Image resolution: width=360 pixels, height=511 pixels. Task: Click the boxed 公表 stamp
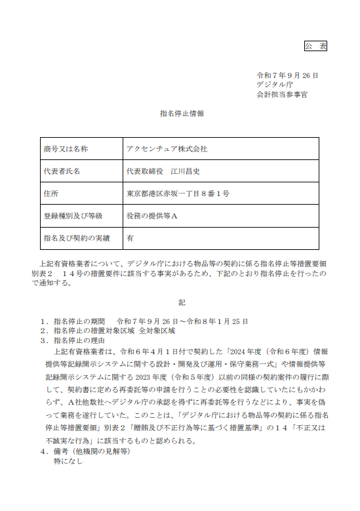point(315,46)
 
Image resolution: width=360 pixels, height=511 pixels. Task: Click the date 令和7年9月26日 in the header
point(287,75)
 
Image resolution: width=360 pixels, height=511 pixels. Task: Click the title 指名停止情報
point(182,114)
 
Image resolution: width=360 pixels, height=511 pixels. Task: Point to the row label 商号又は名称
point(65,149)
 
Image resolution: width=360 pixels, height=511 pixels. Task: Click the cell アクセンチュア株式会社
point(167,149)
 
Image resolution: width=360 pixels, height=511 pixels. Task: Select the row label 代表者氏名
point(62,171)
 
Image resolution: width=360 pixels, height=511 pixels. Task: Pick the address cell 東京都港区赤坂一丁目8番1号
point(178,194)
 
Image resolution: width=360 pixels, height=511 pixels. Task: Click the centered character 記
point(182,303)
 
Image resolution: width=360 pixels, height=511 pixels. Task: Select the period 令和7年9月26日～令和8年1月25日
point(182,321)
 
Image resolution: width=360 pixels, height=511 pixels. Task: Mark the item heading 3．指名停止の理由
point(81,340)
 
